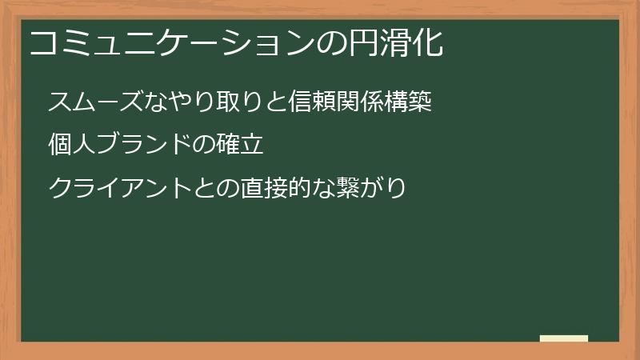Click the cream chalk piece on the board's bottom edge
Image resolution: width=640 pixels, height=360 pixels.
click(x=563, y=338)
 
